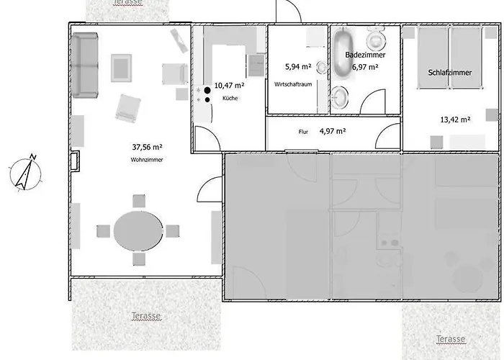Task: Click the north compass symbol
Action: tap(25, 174)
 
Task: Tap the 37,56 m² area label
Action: tap(147, 147)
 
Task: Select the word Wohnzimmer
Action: tap(147, 160)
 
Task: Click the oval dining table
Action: tap(138, 231)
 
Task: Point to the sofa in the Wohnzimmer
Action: tap(85, 65)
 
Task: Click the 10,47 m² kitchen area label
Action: tap(229, 86)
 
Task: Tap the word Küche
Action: tap(230, 99)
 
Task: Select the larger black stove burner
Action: tap(207, 90)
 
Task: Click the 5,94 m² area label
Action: tap(298, 67)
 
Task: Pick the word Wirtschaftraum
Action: tap(293, 84)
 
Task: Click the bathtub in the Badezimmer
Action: tap(343, 54)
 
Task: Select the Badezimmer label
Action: tap(365, 55)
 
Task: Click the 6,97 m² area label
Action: tap(365, 67)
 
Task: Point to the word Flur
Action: tap(303, 132)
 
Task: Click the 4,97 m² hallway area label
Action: tap(333, 131)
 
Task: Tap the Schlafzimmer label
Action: tap(450, 73)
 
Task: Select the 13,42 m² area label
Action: tap(456, 120)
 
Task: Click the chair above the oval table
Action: tap(139, 201)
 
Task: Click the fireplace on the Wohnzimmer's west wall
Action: tap(75, 161)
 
